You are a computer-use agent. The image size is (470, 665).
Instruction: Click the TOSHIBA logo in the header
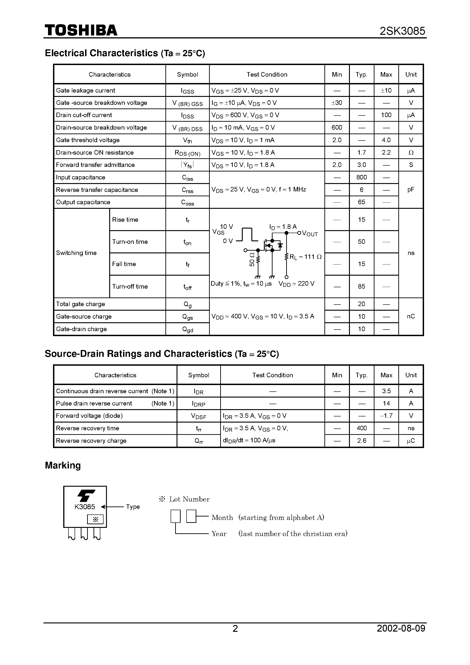click(81, 30)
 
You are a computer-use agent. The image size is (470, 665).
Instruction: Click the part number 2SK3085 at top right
click(402, 31)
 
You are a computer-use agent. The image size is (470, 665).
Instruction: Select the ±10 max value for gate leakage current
click(386, 90)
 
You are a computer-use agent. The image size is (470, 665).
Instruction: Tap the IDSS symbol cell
click(187, 116)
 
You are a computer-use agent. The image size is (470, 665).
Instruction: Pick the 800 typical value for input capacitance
click(361, 177)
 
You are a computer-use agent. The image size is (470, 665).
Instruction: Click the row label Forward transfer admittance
click(95, 165)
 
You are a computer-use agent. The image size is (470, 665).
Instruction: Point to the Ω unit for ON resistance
click(411, 153)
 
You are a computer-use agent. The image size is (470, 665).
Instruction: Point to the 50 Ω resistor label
click(252, 259)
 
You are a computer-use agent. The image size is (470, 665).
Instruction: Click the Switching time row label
click(76, 253)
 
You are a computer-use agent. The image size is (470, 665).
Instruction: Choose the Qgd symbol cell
click(187, 329)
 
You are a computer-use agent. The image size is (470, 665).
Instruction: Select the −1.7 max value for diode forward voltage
click(386, 416)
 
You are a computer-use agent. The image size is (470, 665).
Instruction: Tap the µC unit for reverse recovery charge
click(411, 441)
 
